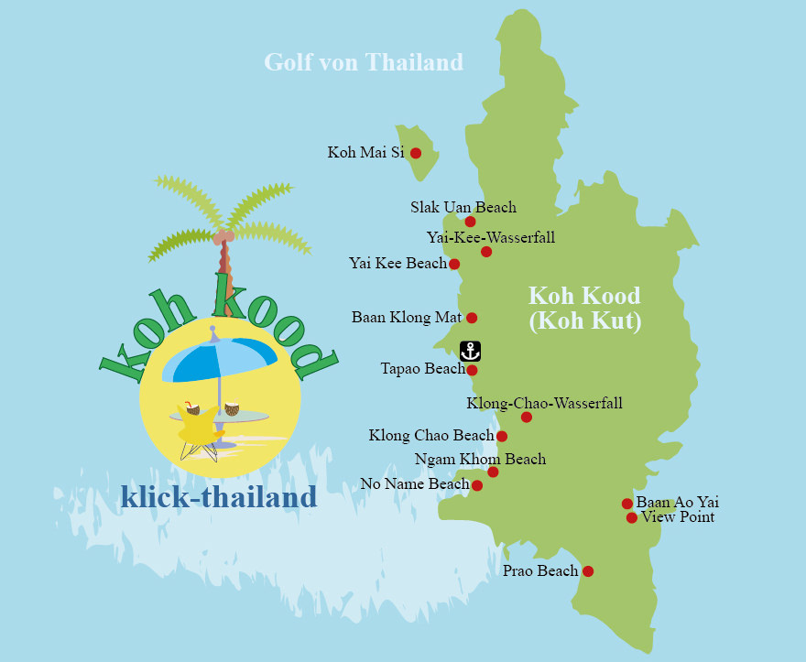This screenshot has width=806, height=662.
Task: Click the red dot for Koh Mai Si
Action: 416,153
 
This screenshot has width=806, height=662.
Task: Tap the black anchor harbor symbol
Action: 470,351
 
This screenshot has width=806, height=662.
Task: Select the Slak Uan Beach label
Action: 463,207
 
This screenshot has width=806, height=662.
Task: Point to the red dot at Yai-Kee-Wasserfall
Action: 486,252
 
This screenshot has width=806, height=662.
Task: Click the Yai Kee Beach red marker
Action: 454,264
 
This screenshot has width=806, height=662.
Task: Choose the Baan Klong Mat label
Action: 404,318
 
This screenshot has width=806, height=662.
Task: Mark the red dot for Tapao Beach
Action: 472,370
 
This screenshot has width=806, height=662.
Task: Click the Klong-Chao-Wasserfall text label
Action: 544,402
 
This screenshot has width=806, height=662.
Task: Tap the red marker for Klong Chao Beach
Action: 502,436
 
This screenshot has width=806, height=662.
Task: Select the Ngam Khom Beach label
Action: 480,459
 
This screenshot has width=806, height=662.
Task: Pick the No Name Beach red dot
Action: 477,485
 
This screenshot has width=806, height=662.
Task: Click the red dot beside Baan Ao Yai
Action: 627,504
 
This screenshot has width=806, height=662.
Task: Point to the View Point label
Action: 678,517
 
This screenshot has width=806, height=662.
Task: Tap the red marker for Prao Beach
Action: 588,571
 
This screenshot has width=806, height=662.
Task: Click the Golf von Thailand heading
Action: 364,62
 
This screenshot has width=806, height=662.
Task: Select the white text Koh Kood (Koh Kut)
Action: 584,309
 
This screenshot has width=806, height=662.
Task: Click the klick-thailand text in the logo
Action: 219,497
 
